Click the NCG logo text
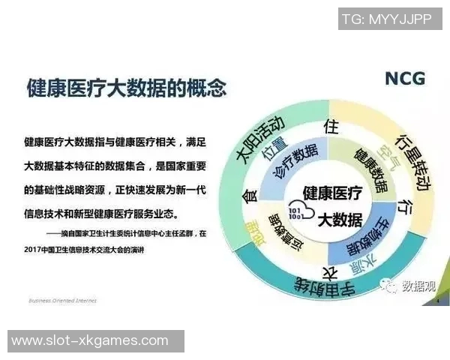tap(404, 78)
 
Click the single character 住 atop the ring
tap(328, 125)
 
